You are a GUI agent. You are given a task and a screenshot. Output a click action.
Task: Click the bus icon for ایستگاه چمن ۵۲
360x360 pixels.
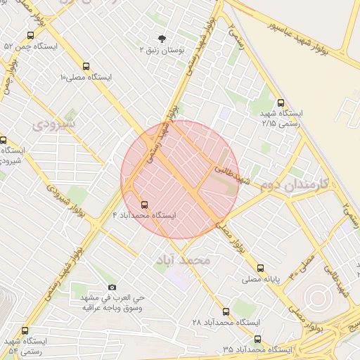pyautogui.click(x=30, y=35)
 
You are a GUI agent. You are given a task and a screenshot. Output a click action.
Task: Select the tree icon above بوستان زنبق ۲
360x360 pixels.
pyautogui.click(x=162, y=39)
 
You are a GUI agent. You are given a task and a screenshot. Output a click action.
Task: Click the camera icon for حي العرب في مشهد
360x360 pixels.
pyautogui.click(x=112, y=287)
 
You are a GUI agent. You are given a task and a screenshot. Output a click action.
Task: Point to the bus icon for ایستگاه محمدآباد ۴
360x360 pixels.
pyautogui.click(x=145, y=204)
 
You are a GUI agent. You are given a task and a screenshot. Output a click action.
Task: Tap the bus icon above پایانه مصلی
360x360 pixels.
pyautogui.click(x=260, y=268)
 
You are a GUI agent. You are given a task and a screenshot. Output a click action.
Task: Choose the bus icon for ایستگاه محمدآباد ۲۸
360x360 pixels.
pyautogui.click(x=226, y=311)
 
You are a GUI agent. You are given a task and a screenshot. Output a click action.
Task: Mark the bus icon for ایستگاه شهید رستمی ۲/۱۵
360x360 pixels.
pyautogui.click(x=281, y=103)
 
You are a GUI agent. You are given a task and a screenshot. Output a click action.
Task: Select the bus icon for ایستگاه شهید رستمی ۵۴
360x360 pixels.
pyautogui.click(x=25, y=330)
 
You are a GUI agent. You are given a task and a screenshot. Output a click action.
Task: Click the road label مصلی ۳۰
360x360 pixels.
pyautogui.click(x=303, y=265)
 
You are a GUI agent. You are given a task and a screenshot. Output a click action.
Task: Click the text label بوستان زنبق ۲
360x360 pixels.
pyautogui.click(x=162, y=51)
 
